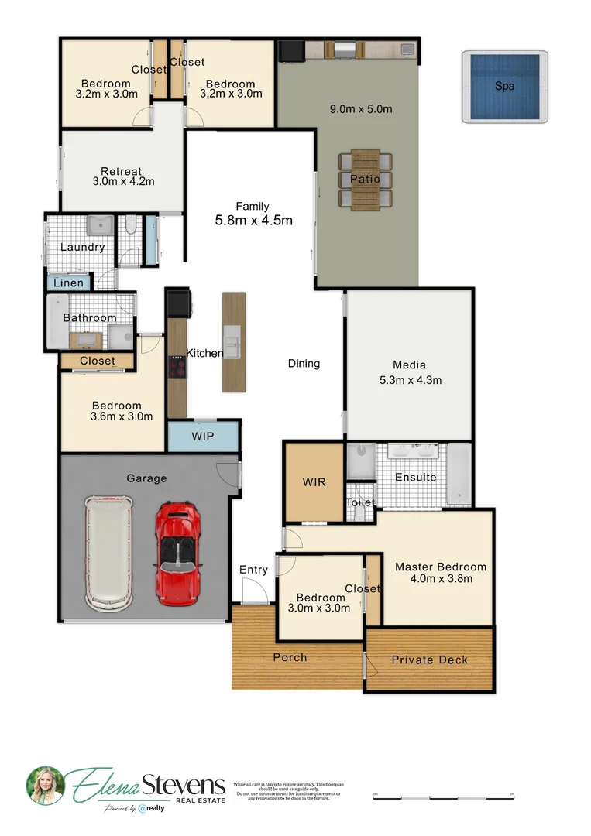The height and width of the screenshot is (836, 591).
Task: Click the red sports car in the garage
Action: click(179, 553)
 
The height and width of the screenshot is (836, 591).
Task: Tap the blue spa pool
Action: click(505, 86)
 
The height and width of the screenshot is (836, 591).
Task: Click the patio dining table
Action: click(365, 180)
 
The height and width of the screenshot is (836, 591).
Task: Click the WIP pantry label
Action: click(204, 437)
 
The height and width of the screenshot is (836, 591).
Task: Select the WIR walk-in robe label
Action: click(314, 482)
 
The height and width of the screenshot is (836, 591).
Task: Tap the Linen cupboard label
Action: click(68, 283)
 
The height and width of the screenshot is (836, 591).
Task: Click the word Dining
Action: click(304, 363)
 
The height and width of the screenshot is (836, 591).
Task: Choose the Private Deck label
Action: click(429, 660)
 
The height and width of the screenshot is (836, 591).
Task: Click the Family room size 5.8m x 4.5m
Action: click(253, 220)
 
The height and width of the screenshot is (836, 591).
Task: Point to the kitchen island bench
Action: click(234, 341)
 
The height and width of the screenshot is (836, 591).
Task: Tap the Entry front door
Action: click(253, 593)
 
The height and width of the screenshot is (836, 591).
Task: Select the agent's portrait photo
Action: click(45, 785)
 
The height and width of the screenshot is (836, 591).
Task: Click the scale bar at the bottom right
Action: click(443, 796)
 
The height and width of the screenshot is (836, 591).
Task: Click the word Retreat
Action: click(122, 171)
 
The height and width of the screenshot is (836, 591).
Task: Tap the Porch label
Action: click(290, 657)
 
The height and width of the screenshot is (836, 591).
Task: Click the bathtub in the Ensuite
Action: click(459, 474)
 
